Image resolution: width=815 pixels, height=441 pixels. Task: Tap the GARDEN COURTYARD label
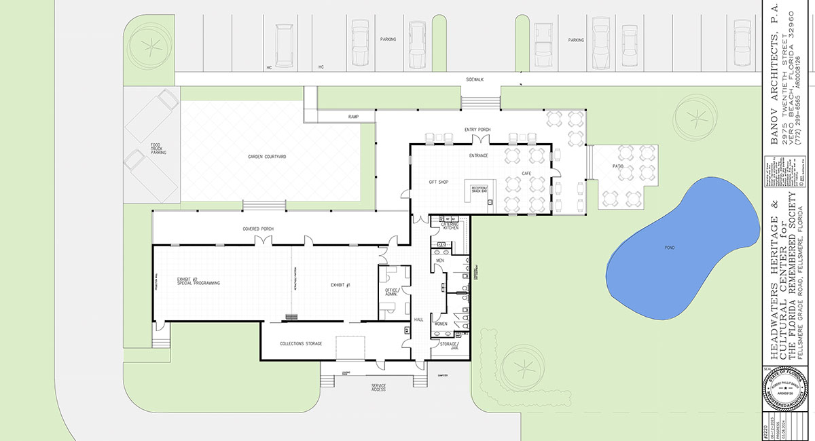(x=266, y=157)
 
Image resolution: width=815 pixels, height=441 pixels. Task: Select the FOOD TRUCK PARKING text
(x=158, y=149)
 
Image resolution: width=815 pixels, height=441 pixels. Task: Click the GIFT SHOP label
(x=439, y=182)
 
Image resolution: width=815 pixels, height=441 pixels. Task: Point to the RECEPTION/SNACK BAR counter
(x=480, y=189)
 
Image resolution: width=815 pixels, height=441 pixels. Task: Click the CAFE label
(x=526, y=174)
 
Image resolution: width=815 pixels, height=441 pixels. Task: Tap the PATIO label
(x=617, y=165)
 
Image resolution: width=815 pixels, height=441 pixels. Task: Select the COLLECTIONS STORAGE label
(x=301, y=343)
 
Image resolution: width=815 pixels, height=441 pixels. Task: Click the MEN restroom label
(x=439, y=260)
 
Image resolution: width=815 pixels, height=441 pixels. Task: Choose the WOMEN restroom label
(x=441, y=324)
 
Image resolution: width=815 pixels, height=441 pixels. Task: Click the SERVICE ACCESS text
(x=378, y=387)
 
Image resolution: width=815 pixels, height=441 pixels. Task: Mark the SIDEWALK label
(x=474, y=80)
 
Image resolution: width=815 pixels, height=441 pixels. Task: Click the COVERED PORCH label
(x=257, y=229)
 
